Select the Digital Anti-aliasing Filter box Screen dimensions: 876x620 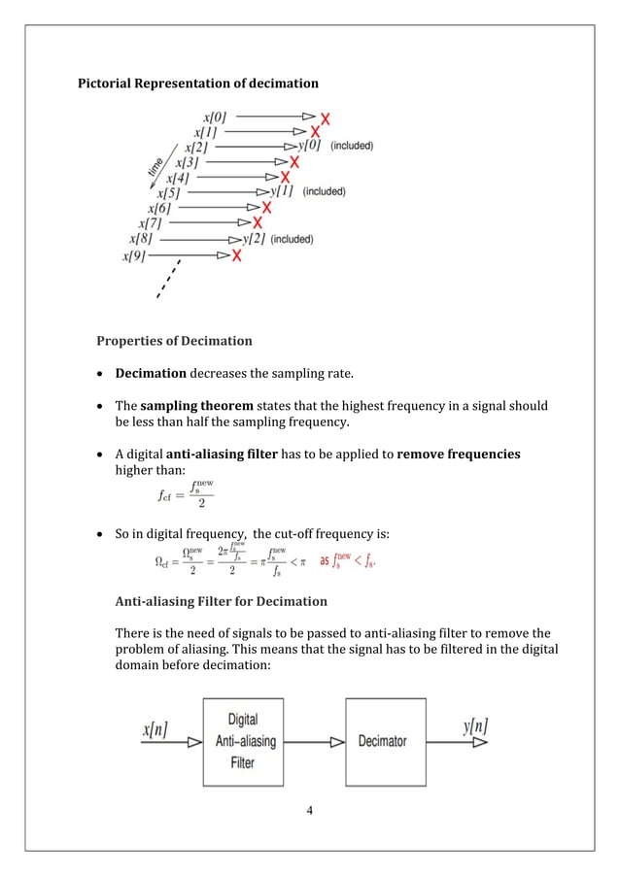click(x=243, y=740)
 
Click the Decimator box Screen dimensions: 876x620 click(x=385, y=741)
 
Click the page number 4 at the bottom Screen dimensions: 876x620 click(x=310, y=811)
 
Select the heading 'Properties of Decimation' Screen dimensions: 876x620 click(x=174, y=341)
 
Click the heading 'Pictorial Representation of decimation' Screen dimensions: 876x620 click(x=197, y=84)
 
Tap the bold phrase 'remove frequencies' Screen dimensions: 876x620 click(x=459, y=455)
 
